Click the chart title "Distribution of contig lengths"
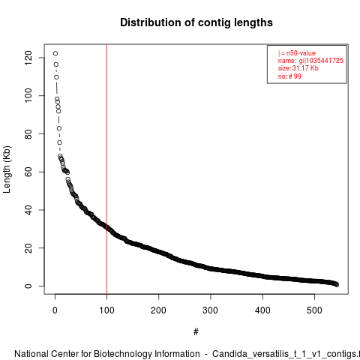tap(196, 22)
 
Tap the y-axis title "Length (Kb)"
tap(7, 169)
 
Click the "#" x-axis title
tap(196, 332)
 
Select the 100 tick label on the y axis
tap(28, 96)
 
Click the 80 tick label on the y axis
tap(28, 133)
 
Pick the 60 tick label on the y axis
tap(28, 172)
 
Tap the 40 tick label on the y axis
tap(28, 210)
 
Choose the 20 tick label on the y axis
tap(28, 247)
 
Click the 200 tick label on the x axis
tap(158, 310)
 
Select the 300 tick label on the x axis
tap(211, 310)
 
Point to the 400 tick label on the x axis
tap(262, 310)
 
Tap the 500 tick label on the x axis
tap(314, 310)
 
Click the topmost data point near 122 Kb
tap(55, 53)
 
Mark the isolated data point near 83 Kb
tap(59, 128)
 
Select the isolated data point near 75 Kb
tap(59, 142)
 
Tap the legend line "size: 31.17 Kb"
tap(298, 68)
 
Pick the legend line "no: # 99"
tap(289, 76)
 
